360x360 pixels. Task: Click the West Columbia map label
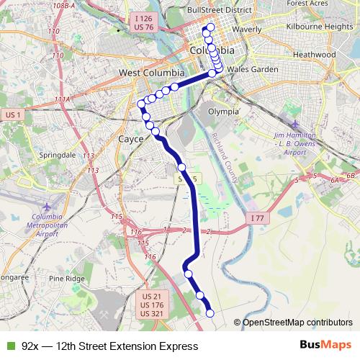pos(150,73)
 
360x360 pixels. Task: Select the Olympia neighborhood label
pos(222,112)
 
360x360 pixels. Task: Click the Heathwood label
pos(315,54)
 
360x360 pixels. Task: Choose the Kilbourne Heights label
pos(318,27)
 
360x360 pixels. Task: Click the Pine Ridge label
pos(67,278)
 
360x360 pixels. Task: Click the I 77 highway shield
pos(258,217)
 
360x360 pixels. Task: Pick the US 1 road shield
pos(13,114)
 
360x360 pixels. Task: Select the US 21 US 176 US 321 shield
pos(150,305)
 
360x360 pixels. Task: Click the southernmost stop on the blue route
pos(210,312)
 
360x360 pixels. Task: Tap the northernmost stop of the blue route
pos(209,29)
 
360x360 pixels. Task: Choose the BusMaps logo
pos(325,346)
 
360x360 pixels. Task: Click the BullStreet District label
pos(218,11)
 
